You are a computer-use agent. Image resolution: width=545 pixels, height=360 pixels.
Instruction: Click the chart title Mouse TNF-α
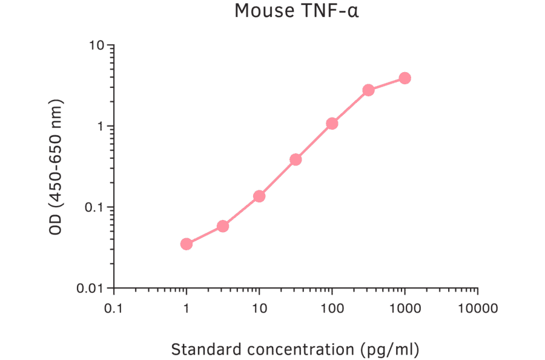tap(297, 11)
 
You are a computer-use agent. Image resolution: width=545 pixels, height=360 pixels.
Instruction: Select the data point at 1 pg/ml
tap(187, 244)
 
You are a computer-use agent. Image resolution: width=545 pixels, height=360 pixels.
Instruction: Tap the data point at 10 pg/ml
tap(259, 196)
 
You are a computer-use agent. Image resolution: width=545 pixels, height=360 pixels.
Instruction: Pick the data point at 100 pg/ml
tap(332, 124)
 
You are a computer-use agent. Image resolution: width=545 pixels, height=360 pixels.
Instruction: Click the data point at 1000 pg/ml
tap(405, 78)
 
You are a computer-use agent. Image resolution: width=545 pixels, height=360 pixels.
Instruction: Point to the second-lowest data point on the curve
tap(223, 226)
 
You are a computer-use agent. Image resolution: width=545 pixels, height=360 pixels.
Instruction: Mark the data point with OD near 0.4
tap(296, 159)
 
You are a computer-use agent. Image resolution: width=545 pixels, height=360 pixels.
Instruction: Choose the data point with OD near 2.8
tap(368, 90)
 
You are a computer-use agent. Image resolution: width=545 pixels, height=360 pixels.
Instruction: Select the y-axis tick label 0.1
tap(94, 207)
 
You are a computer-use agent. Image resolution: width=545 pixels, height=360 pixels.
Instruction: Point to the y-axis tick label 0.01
tap(91, 288)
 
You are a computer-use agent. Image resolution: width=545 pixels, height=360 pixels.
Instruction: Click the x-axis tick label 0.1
tap(113, 308)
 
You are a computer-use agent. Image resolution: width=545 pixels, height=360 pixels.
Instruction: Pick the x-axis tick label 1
tap(187, 308)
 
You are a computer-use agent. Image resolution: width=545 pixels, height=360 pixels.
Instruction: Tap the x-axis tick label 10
tap(259, 308)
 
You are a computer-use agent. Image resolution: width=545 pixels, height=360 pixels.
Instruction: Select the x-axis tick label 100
tap(332, 308)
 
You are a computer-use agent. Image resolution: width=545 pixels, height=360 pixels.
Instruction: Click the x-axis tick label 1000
tap(405, 308)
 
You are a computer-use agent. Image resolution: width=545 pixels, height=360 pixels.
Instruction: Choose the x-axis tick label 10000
tap(477, 308)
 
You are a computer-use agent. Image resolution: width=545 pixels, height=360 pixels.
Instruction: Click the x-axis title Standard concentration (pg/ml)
tap(296, 350)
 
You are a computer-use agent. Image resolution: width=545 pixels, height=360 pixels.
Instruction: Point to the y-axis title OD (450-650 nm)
tap(56, 166)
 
